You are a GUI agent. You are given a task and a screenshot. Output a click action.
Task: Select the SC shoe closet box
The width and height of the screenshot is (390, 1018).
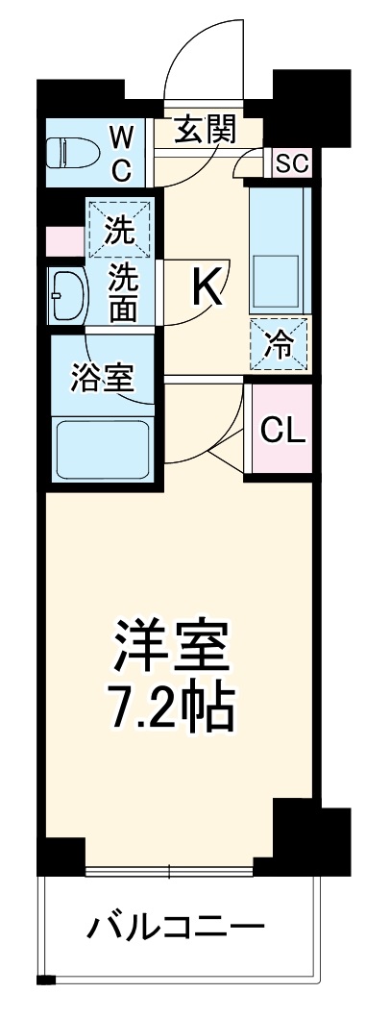[x=291, y=163]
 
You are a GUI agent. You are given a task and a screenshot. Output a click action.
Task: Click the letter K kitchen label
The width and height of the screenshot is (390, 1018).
[x=207, y=286]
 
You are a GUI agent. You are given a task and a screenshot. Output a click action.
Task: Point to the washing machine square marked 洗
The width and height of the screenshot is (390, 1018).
[x=119, y=228]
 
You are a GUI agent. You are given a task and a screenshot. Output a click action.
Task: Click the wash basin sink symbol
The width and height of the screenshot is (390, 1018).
[x=70, y=296]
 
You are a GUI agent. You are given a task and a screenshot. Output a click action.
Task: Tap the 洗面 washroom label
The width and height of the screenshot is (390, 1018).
[x=122, y=295]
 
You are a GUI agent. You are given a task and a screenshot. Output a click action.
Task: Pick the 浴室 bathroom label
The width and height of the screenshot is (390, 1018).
[x=103, y=378]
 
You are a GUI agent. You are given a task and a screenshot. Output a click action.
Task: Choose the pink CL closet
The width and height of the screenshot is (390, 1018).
[x=281, y=429]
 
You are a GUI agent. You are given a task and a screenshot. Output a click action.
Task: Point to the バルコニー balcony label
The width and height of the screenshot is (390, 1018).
[x=176, y=928]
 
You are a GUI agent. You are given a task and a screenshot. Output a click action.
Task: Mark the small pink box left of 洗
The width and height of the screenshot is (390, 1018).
[x=64, y=241]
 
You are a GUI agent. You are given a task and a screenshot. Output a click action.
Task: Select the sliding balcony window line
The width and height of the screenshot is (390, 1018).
[x=169, y=871]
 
